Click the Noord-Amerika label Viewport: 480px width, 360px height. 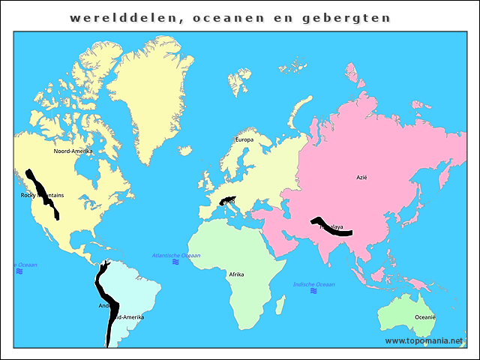(x=73, y=151)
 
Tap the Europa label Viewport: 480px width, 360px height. (x=244, y=139)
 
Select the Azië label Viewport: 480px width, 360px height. (x=362, y=178)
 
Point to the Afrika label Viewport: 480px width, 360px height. (x=236, y=274)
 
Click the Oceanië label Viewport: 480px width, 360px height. (x=425, y=317)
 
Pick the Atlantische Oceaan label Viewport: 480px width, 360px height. (x=176, y=256)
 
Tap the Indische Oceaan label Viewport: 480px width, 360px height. (x=314, y=284)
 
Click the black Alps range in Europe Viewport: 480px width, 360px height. (x=227, y=200)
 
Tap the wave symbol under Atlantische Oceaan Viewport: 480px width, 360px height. (x=175, y=262)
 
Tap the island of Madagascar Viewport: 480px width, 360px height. (x=280, y=304)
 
